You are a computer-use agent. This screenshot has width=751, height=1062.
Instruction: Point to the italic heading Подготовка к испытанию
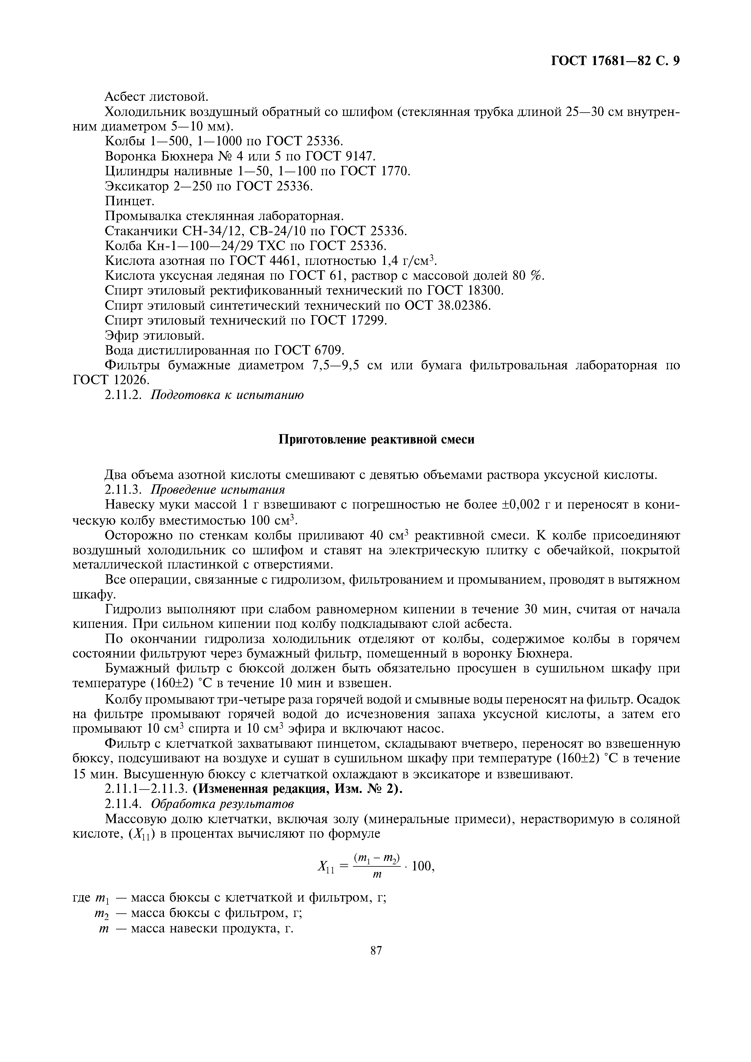click(228, 395)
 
